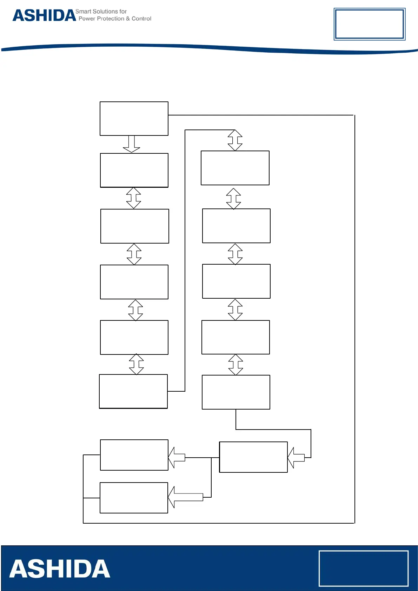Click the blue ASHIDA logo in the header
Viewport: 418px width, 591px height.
click(44, 16)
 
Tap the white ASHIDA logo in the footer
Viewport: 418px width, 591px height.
click(60, 569)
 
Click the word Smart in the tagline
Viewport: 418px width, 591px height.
click(83, 12)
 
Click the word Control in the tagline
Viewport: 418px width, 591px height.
click(141, 19)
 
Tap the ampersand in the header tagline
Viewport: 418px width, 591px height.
click(128, 19)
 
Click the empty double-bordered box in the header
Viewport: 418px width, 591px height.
click(369, 24)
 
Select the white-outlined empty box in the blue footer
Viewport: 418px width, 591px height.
click(363, 568)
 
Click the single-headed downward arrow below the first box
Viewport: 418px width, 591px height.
click(132, 144)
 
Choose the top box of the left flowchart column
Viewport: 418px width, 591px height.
click(134, 119)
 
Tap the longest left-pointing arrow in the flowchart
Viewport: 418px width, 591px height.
click(186, 497)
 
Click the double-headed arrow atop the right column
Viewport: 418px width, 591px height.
click(235, 140)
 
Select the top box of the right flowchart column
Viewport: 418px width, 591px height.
click(235, 168)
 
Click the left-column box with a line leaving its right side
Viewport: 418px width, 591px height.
click(133, 391)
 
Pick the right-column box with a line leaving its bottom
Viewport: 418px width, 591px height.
click(236, 392)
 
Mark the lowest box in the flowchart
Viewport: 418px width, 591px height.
click(134, 498)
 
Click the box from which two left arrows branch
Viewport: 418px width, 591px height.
click(253, 457)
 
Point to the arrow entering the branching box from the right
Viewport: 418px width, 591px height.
click(296, 458)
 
